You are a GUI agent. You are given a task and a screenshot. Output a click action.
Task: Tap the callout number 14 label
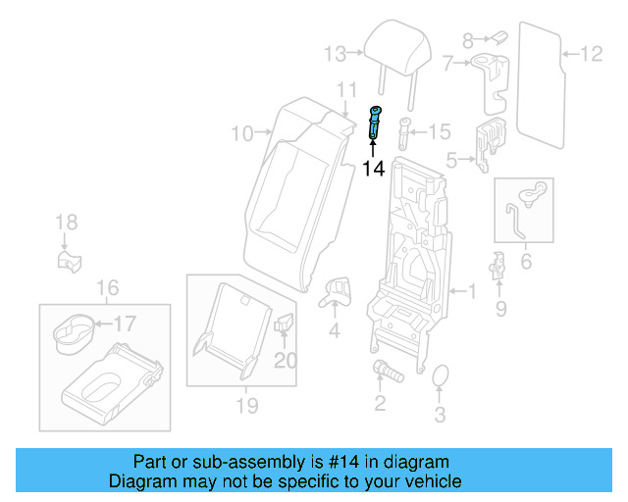[373, 169]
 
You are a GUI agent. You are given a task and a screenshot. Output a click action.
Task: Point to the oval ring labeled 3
[441, 376]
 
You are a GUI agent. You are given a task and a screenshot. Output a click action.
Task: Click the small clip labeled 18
[68, 261]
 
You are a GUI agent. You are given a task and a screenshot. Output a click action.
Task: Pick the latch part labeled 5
[487, 141]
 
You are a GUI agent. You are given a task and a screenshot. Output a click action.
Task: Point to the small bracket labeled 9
[497, 267]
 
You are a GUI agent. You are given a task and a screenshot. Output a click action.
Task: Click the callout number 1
[470, 291]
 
